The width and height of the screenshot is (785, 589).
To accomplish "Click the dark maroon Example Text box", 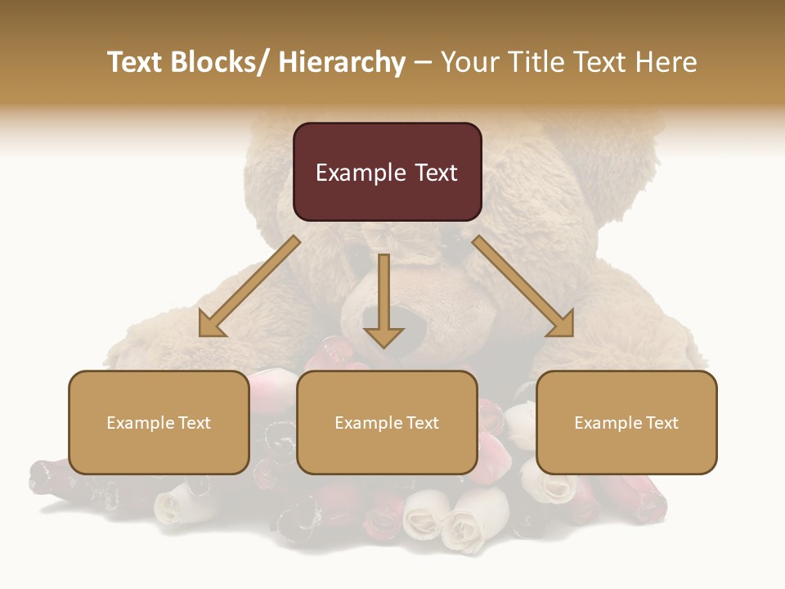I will click(387, 172).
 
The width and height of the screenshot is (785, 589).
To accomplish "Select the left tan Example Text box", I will click(159, 422).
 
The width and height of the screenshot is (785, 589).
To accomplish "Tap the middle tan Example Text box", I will click(387, 422).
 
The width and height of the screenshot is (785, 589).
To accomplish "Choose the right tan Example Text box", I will click(626, 422).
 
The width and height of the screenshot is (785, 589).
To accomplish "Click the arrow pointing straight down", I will click(384, 299).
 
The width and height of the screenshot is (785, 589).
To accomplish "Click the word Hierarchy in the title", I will click(342, 62).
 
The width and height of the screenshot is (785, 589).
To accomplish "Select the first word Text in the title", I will click(136, 62).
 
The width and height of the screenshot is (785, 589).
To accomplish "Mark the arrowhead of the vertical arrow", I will click(384, 335).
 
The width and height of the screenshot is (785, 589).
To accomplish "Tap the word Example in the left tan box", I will click(139, 423).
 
